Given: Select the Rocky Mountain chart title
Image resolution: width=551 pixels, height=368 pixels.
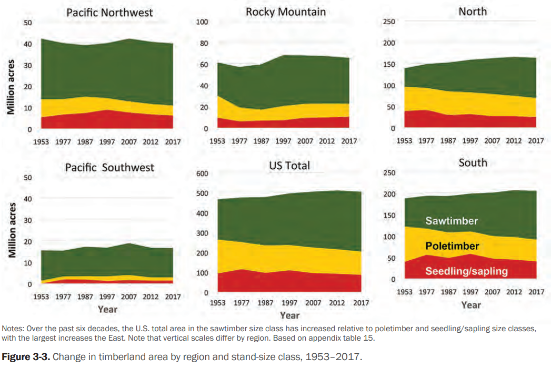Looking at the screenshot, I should [286, 11].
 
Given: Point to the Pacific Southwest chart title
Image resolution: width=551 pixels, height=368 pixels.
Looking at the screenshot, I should [109, 167].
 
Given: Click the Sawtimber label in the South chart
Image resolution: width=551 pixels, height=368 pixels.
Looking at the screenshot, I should [452, 221].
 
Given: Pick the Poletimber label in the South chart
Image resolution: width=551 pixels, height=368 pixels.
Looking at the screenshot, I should [452, 246].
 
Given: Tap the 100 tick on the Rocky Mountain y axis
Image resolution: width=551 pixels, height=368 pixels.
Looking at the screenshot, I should [203, 22].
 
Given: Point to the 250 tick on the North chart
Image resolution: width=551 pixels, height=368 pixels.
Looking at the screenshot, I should [389, 22].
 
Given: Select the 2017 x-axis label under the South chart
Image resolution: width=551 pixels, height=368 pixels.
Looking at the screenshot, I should [536, 292].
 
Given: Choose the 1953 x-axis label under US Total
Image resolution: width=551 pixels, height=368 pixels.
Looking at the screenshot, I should [218, 303].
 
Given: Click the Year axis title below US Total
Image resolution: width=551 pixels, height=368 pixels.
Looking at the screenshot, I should [289, 315].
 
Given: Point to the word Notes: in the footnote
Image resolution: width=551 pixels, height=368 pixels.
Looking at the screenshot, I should [14, 329].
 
